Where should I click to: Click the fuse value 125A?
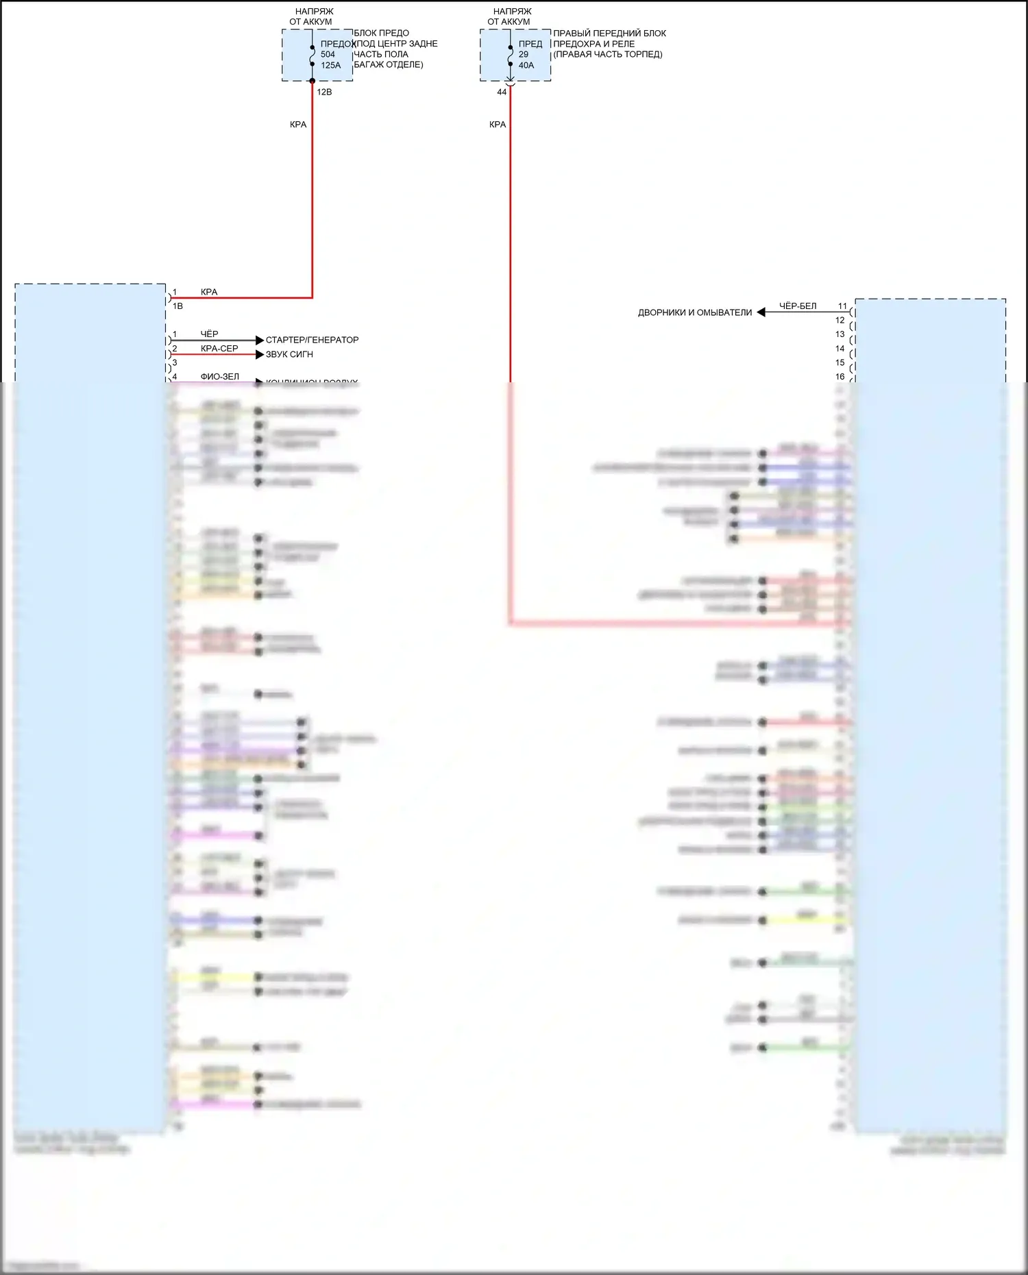pos(330,65)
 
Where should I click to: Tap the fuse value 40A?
pos(526,65)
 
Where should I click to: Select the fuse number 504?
pos(328,54)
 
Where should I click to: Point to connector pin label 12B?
pos(324,92)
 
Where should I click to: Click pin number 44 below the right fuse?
pos(502,92)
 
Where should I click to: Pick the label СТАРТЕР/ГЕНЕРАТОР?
pos(312,340)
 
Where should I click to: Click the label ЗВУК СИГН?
pos(289,354)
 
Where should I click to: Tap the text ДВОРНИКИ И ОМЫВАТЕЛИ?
pos(695,312)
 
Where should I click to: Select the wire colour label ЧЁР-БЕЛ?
pos(798,306)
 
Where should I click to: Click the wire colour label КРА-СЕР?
pos(219,349)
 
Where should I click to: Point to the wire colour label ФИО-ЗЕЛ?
pos(220,377)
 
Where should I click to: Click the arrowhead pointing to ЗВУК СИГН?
pos(260,354)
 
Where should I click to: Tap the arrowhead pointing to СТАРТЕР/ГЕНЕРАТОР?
pos(260,340)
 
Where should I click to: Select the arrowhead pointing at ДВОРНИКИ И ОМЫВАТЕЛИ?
pos(761,312)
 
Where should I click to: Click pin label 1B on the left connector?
pos(178,306)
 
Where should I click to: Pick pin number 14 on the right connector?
pos(840,349)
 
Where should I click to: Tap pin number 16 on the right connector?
pos(840,377)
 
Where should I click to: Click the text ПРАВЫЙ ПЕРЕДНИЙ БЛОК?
pos(609,33)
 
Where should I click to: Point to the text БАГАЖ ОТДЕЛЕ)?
pos(389,64)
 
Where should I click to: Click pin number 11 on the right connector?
pos(842,306)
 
